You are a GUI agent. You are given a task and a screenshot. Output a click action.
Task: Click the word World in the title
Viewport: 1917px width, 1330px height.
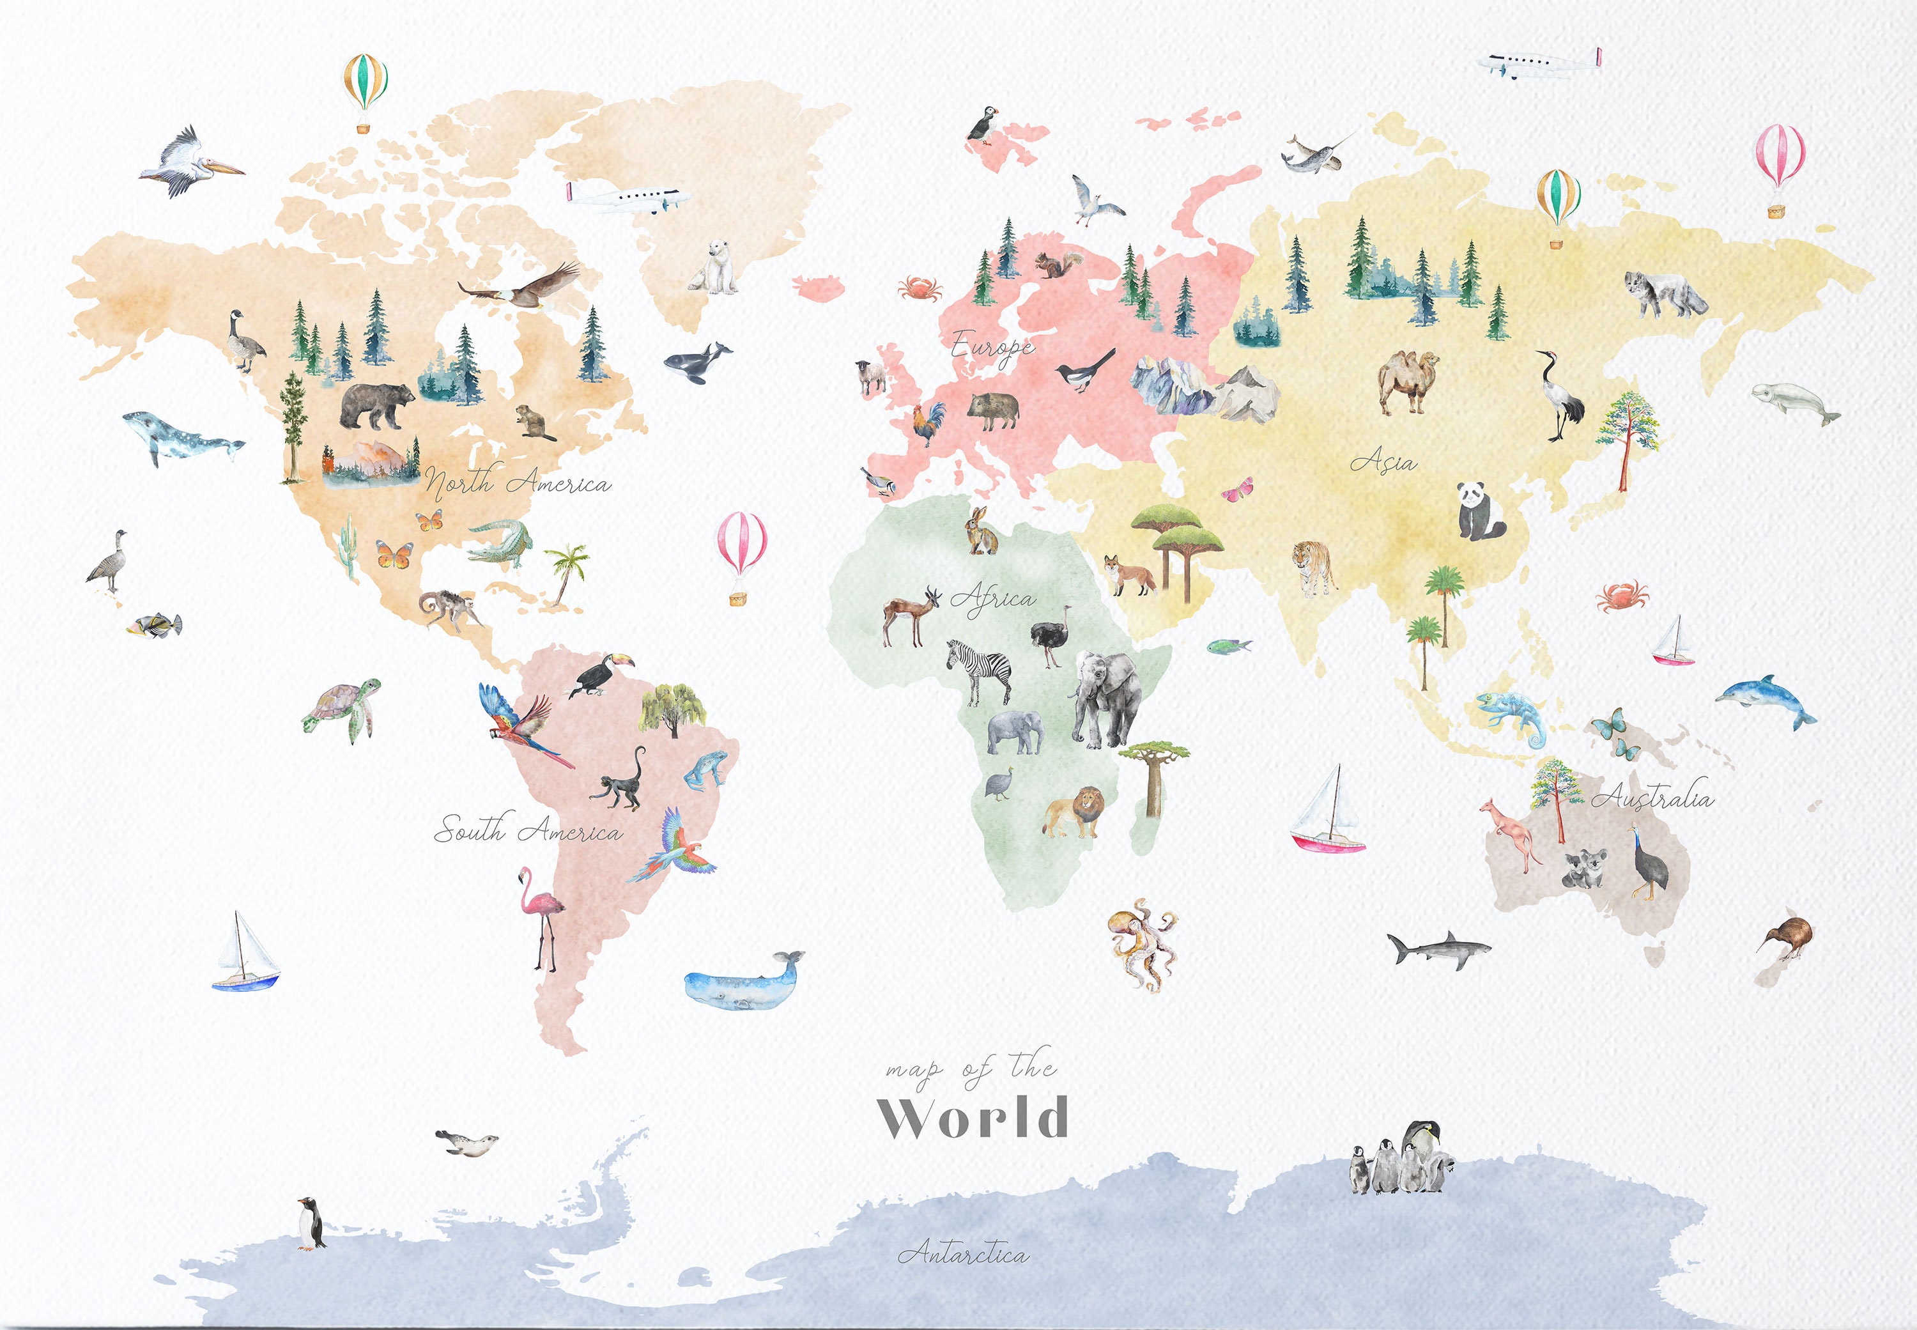pyautogui.click(x=973, y=1118)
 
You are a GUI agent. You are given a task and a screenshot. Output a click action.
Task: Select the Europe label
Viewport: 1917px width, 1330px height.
pyautogui.click(x=992, y=346)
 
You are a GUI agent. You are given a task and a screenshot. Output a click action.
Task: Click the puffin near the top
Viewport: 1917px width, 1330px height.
pyautogui.click(x=982, y=124)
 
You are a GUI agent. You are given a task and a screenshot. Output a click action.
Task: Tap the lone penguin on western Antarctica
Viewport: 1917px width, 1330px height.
pyautogui.click(x=311, y=1223)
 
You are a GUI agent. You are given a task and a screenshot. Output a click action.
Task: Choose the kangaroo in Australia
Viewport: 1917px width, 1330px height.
pyautogui.click(x=1509, y=833)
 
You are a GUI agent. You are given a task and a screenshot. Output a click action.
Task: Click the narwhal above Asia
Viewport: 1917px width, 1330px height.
pyautogui.click(x=1312, y=154)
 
